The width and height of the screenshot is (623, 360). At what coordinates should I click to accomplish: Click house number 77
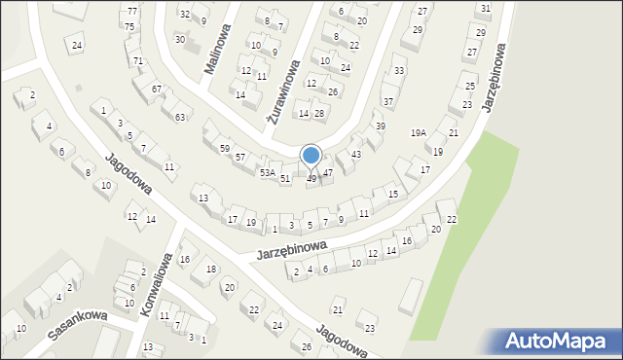click(x=131, y=11)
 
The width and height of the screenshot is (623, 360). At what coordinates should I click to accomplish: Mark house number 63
click(x=180, y=118)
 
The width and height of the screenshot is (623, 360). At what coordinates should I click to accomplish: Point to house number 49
click(x=311, y=179)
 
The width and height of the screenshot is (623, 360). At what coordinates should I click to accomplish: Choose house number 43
click(x=356, y=155)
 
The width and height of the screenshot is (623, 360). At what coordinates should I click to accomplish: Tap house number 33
click(x=399, y=71)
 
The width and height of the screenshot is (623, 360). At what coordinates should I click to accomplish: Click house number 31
click(x=485, y=8)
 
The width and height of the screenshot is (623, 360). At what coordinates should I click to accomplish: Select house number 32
click(x=185, y=15)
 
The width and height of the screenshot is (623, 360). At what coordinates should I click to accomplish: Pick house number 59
click(x=225, y=148)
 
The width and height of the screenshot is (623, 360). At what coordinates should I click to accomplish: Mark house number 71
click(x=138, y=61)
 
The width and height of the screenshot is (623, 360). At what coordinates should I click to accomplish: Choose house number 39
click(x=381, y=126)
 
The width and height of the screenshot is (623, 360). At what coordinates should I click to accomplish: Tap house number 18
click(x=210, y=269)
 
